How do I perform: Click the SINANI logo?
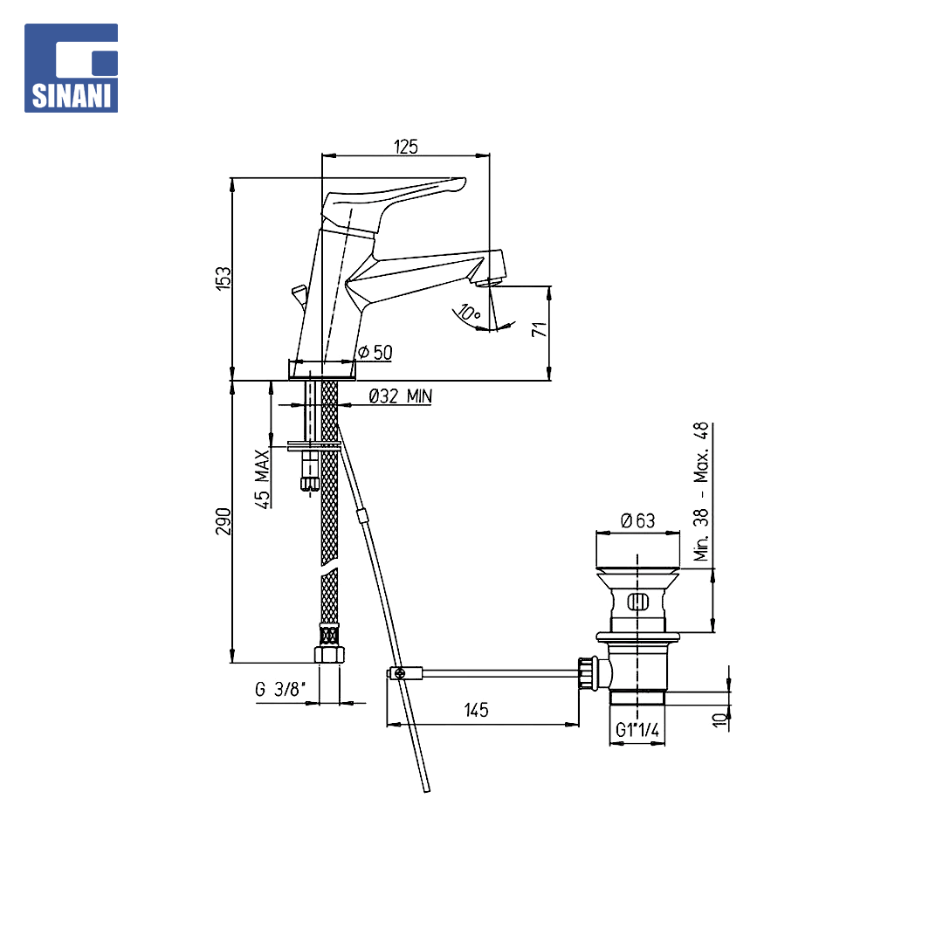(x=71, y=68)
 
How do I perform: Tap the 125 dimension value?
(x=406, y=147)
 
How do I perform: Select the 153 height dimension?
(x=224, y=279)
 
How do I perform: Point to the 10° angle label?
(x=469, y=313)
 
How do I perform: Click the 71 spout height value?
(x=540, y=329)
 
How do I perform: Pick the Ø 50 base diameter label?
(x=375, y=353)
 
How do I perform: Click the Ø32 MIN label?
(x=401, y=396)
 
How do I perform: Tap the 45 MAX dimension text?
(x=263, y=479)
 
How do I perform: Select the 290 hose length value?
(x=224, y=521)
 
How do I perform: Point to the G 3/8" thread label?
(x=281, y=689)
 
